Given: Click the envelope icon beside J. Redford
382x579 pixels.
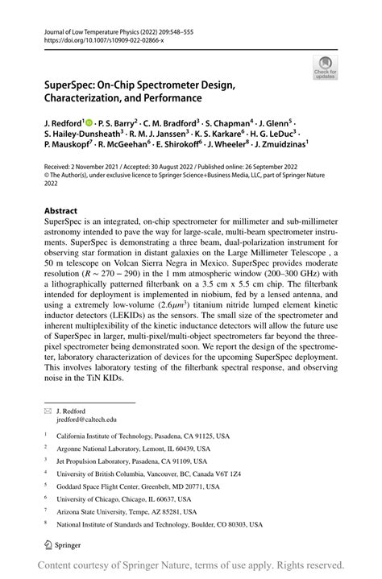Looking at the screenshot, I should pyautogui.click(x=48, y=410).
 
